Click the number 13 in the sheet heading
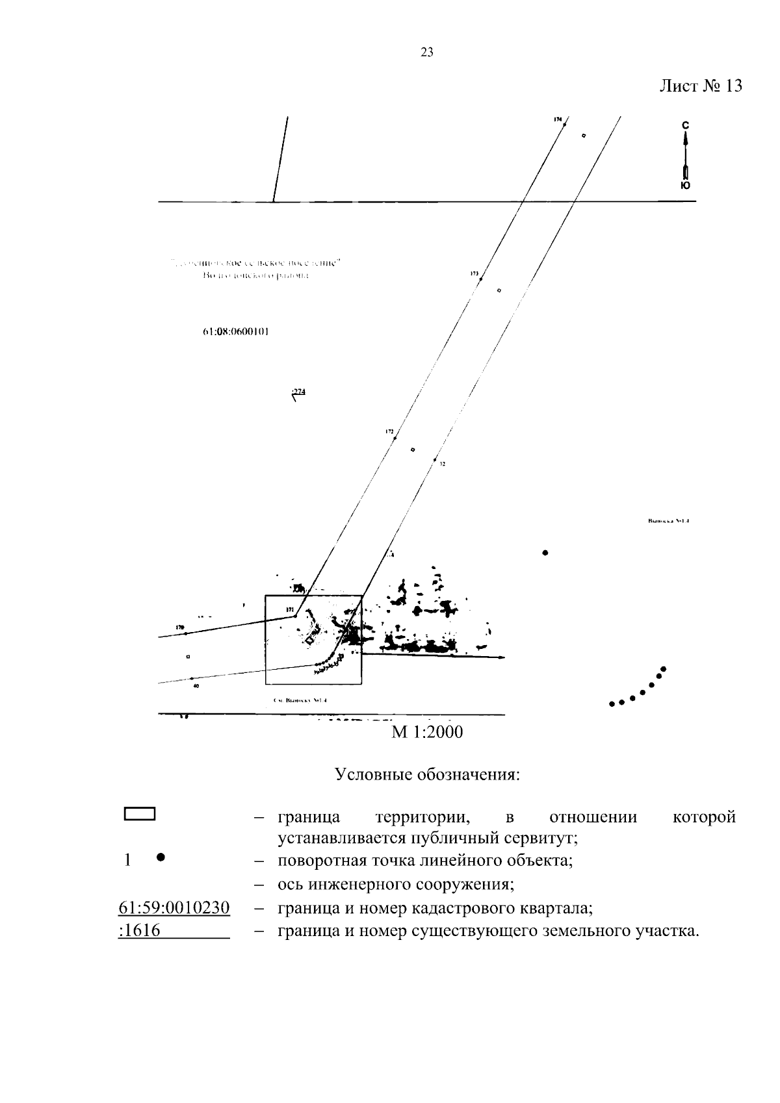click(x=733, y=86)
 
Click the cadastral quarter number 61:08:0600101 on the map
click(x=236, y=331)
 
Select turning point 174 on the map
click(x=564, y=125)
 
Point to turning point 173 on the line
click(x=480, y=279)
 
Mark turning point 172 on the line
click(x=395, y=439)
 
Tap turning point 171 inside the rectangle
click(x=294, y=615)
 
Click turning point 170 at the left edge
click(x=185, y=633)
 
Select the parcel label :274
click(x=298, y=392)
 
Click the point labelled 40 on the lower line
click(x=192, y=679)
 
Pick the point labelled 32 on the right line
click(x=435, y=460)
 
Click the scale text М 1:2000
click(x=427, y=732)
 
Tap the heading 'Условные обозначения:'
click(x=427, y=774)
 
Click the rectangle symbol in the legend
click(x=139, y=815)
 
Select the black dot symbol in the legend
click(x=161, y=857)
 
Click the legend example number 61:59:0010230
click(x=174, y=907)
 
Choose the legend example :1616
click(x=140, y=931)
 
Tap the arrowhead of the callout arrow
click(x=502, y=657)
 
